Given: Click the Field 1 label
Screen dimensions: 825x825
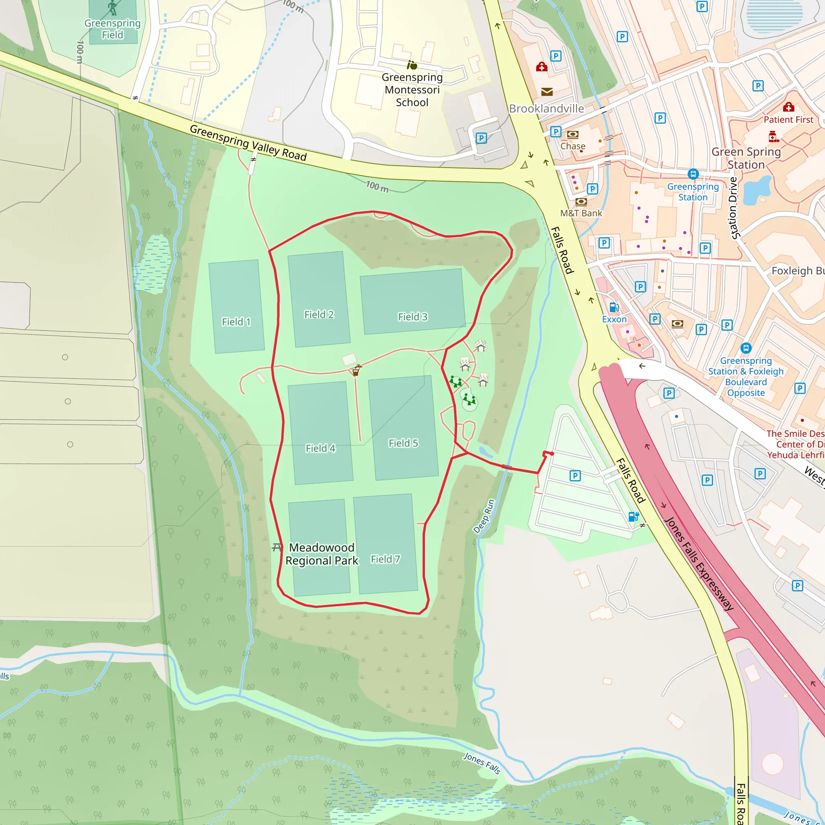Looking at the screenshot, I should click(236, 321).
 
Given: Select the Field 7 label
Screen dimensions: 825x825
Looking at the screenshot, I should click(385, 559).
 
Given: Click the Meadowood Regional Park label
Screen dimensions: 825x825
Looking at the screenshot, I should click(321, 554).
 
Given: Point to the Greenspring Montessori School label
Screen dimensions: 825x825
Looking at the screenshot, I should click(412, 90).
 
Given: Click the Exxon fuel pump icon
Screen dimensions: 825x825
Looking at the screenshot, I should click(614, 307).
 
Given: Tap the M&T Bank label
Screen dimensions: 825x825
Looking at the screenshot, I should click(581, 213).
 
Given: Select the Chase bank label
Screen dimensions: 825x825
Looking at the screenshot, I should click(573, 146).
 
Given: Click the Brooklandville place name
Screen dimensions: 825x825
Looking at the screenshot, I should click(546, 108).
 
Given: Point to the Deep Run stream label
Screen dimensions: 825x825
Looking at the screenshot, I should click(484, 516).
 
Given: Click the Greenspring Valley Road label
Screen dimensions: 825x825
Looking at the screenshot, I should click(248, 142).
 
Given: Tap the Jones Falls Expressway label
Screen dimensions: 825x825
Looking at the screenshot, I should click(699, 564).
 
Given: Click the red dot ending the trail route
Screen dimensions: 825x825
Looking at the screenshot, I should click(552, 454).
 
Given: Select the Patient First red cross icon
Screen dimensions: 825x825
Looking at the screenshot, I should click(788, 107).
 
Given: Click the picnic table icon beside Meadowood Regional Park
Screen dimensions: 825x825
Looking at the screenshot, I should click(277, 547).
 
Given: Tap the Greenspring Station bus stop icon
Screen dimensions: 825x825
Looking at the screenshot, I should click(693, 174).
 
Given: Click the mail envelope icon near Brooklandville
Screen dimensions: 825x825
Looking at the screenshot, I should click(547, 92).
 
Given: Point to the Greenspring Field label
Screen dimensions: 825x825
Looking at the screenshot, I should click(112, 29).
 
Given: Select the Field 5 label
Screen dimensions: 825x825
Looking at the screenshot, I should click(403, 443).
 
